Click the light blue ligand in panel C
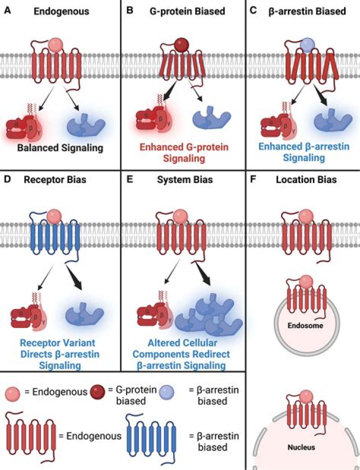[x=306, y=46]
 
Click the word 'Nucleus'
[x=303, y=447]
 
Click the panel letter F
[x=252, y=178]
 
